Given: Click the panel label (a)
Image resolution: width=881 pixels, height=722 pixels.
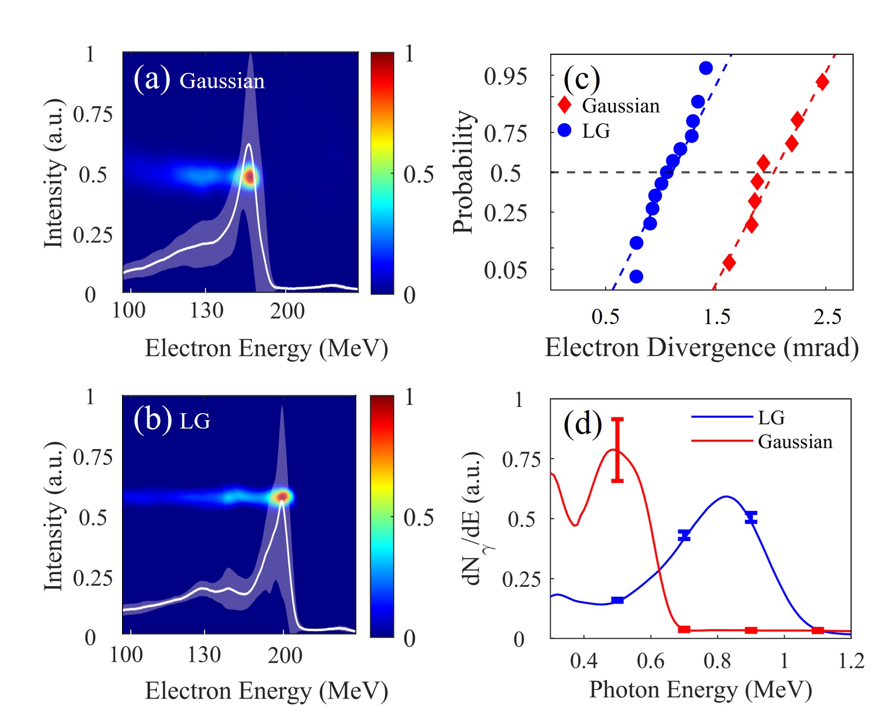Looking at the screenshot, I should coord(152,79).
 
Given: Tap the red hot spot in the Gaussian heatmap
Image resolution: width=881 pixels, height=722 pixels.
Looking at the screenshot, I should coord(250,177).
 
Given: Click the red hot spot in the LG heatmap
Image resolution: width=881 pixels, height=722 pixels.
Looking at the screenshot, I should coord(282,497).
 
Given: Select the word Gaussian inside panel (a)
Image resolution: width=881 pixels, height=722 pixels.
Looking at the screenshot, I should coord(222,81).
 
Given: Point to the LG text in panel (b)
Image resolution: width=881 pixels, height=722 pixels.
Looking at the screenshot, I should coord(195,421).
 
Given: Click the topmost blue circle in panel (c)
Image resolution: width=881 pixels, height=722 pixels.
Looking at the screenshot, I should coord(706,68).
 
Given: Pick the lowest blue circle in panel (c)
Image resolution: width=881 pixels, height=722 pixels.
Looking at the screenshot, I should coord(637,276).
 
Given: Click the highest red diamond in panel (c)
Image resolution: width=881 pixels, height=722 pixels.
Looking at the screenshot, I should coord(823,82).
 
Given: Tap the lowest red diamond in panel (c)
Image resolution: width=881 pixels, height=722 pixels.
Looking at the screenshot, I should coord(729,263).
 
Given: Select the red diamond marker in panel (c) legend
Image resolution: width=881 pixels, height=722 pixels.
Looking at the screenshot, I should coord(565,105).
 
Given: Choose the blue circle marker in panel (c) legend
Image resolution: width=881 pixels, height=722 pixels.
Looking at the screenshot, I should coord(565,130).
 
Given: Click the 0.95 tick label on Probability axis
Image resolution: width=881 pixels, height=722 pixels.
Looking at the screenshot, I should coord(505,77).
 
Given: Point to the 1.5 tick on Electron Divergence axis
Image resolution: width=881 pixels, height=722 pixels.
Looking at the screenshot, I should coord(717,317).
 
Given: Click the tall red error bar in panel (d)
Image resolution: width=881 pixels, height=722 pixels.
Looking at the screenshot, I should coord(617,449).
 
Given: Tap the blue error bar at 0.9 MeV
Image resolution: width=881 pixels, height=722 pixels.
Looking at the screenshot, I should coord(751,517).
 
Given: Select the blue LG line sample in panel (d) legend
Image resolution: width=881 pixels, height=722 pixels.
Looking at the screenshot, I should coord(721,417).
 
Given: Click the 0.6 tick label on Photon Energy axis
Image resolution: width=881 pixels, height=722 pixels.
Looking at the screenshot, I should coord(650,661).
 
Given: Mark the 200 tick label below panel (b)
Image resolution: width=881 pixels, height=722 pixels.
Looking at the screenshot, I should coord(285,656).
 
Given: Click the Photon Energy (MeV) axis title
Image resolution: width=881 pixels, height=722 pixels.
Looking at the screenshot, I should coord(701,690).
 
